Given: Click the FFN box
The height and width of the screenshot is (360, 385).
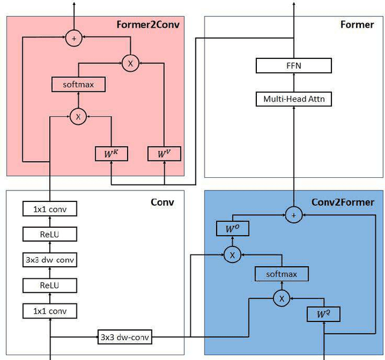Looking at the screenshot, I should pyautogui.click(x=294, y=66).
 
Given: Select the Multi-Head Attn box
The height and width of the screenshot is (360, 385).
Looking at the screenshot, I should pyautogui.click(x=294, y=99).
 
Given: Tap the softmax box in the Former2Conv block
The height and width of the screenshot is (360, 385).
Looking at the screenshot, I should pyautogui.click(x=78, y=84).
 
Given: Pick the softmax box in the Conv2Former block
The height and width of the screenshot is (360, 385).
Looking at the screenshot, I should pyautogui.click(x=282, y=275).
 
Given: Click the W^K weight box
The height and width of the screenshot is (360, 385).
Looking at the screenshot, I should pyautogui.click(x=111, y=154).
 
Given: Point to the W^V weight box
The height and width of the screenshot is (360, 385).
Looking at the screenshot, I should pyautogui.click(x=164, y=154).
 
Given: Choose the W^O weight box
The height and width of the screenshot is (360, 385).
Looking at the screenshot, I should pyautogui.click(x=232, y=228).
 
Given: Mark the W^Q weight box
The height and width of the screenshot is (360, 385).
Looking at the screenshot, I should pyautogui.click(x=324, y=314).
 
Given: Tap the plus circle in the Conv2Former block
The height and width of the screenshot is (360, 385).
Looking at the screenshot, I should pyautogui.click(x=294, y=214).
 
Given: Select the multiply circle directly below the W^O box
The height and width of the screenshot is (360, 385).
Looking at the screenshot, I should pyautogui.click(x=232, y=255).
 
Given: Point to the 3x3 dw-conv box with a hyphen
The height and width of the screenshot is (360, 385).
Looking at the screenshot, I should pyautogui.click(x=125, y=337).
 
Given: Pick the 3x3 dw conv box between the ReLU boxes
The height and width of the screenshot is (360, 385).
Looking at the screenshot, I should pyautogui.click(x=51, y=260).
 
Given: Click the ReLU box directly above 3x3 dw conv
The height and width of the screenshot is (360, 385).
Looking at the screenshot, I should pyautogui.click(x=51, y=234).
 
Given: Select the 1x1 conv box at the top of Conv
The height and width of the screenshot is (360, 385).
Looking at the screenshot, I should pyautogui.click(x=51, y=209).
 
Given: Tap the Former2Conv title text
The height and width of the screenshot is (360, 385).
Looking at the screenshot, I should pyautogui.click(x=148, y=25).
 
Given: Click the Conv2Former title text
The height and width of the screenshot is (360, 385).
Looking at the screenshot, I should pyautogui.click(x=342, y=202).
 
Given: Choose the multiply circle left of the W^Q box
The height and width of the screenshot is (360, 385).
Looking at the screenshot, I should pyautogui.click(x=281, y=297).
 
